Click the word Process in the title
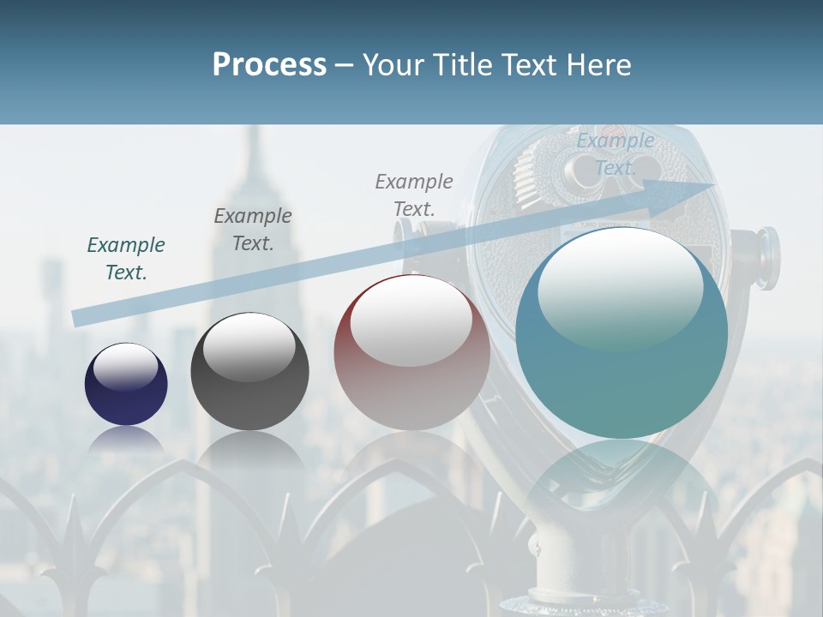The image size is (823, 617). point(269,65)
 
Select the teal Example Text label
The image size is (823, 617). point(126,259)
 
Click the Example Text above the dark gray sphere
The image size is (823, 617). point(253,230)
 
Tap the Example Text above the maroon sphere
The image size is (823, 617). point(414,195)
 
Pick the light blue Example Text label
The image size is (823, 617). point(616,154)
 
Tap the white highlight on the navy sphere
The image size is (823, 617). point(126,367)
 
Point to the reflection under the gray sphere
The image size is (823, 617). point(249,450)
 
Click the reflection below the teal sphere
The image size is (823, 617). point(622,480)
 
